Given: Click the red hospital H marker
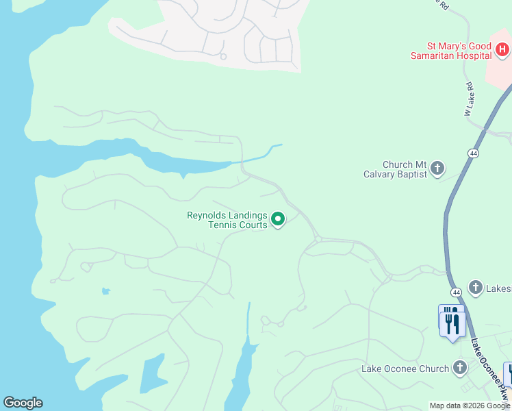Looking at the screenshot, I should [x=502, y=49].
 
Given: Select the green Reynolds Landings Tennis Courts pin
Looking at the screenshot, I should [x=278, y=219].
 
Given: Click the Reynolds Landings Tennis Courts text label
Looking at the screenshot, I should [x=227, y=220].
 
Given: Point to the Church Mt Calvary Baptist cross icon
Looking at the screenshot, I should [x=437, y=169].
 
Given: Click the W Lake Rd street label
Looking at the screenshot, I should [x=470, y=99].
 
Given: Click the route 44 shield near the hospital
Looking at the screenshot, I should [x=473, y=153].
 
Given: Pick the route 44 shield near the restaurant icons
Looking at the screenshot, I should [x=457, y=292].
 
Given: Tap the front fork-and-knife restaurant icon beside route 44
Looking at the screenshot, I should [x=454, y=323].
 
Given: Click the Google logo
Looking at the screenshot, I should [x=23, y=403].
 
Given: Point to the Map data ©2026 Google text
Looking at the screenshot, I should [x=470, y=406].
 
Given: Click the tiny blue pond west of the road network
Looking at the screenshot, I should [x=105, y=291].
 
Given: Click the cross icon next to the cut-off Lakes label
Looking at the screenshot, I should [x=476, y=287].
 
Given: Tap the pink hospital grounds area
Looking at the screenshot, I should [x=498, y=72].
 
